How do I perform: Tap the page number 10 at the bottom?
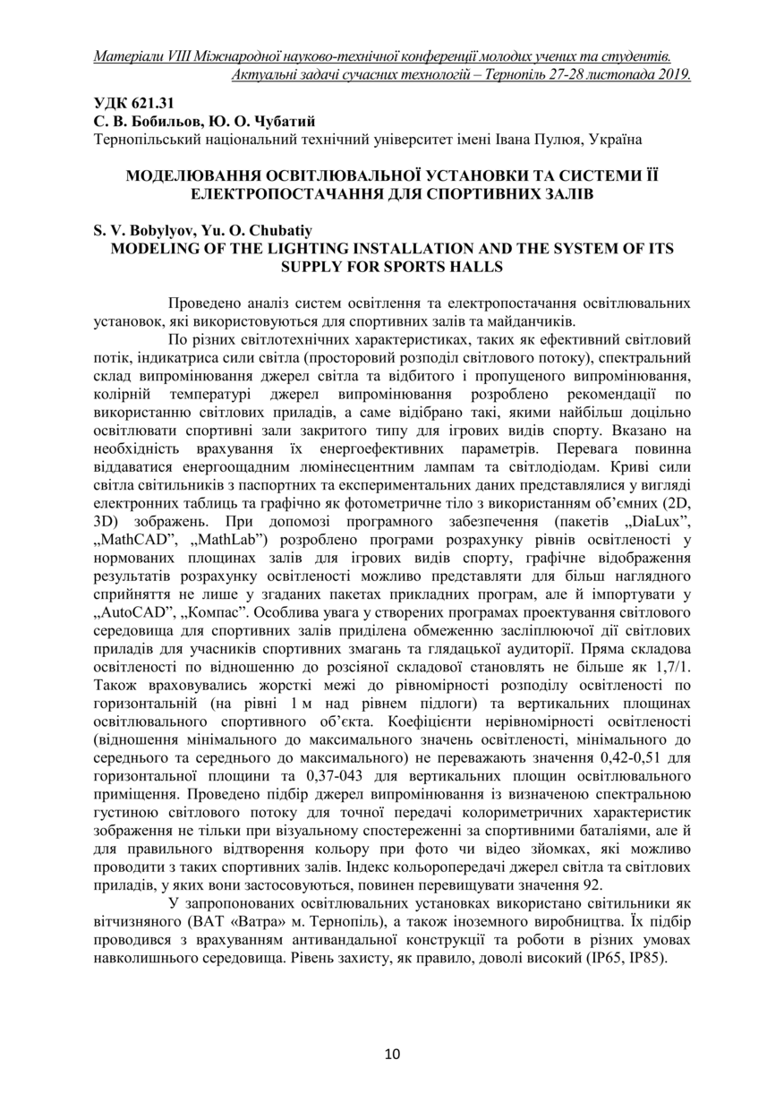pyautogui.click(x=392, y=1053)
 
